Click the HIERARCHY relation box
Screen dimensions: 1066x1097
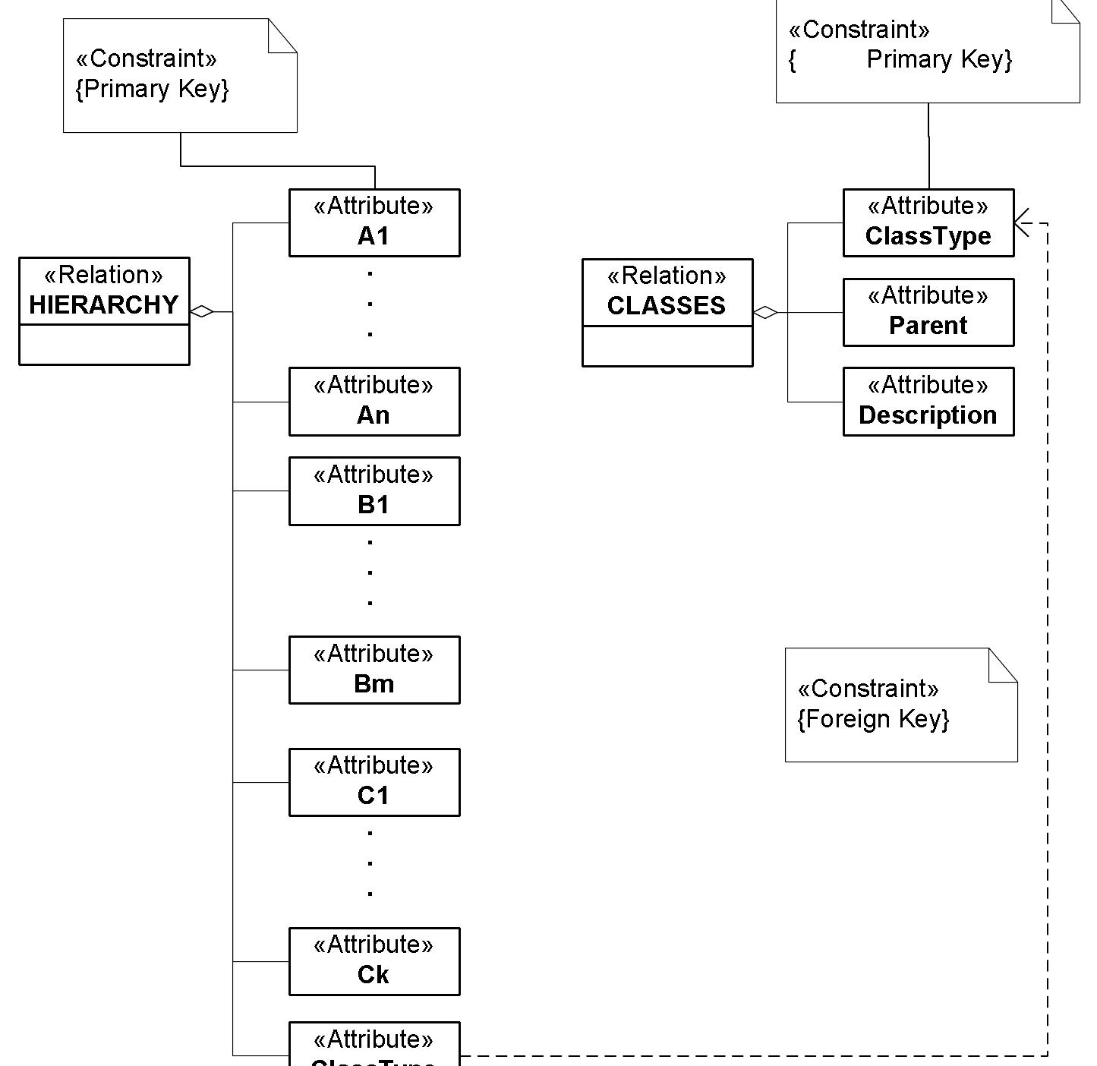tap(104, 311)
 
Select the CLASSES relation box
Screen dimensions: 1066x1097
tap(667, 313)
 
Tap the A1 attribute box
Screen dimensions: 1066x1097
tap(374, 222)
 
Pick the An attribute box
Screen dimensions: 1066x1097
tap(374, 402)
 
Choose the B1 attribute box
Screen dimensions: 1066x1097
tap(374, 491)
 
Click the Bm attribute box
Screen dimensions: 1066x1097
tap(374, 670)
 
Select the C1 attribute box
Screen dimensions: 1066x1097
tap(374, 782)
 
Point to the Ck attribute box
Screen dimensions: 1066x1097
tap(374, 961)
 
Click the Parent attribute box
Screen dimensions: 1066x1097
tap(928, 312)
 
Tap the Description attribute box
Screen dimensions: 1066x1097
tap(928, 402)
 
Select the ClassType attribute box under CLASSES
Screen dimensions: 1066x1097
tap(928, 222)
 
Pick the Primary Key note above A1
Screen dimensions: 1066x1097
tap(180, 76)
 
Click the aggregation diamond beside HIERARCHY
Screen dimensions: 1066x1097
tap(202, 311)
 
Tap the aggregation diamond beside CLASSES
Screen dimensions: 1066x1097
tap(765, 312)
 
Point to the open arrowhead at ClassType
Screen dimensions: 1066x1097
tap(1022, 223)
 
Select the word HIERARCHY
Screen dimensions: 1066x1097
tap(104, 305)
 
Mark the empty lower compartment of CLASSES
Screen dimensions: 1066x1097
tap(667, 346)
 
